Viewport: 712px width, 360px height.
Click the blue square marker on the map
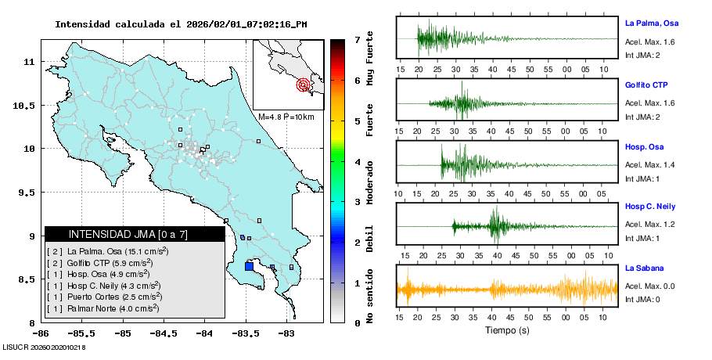pos(249,266)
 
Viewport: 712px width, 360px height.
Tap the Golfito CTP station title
pos(646,85)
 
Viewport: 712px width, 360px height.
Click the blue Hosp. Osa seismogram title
pos(645,146)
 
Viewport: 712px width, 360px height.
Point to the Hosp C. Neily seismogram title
pos(650,207)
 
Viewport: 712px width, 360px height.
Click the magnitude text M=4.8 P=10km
pos(286,117)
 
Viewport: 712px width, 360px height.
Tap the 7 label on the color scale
pos(357,39)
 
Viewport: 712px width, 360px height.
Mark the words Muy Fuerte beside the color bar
pos(370,59)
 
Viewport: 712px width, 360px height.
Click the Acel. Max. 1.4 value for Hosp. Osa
pos(649,165)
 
